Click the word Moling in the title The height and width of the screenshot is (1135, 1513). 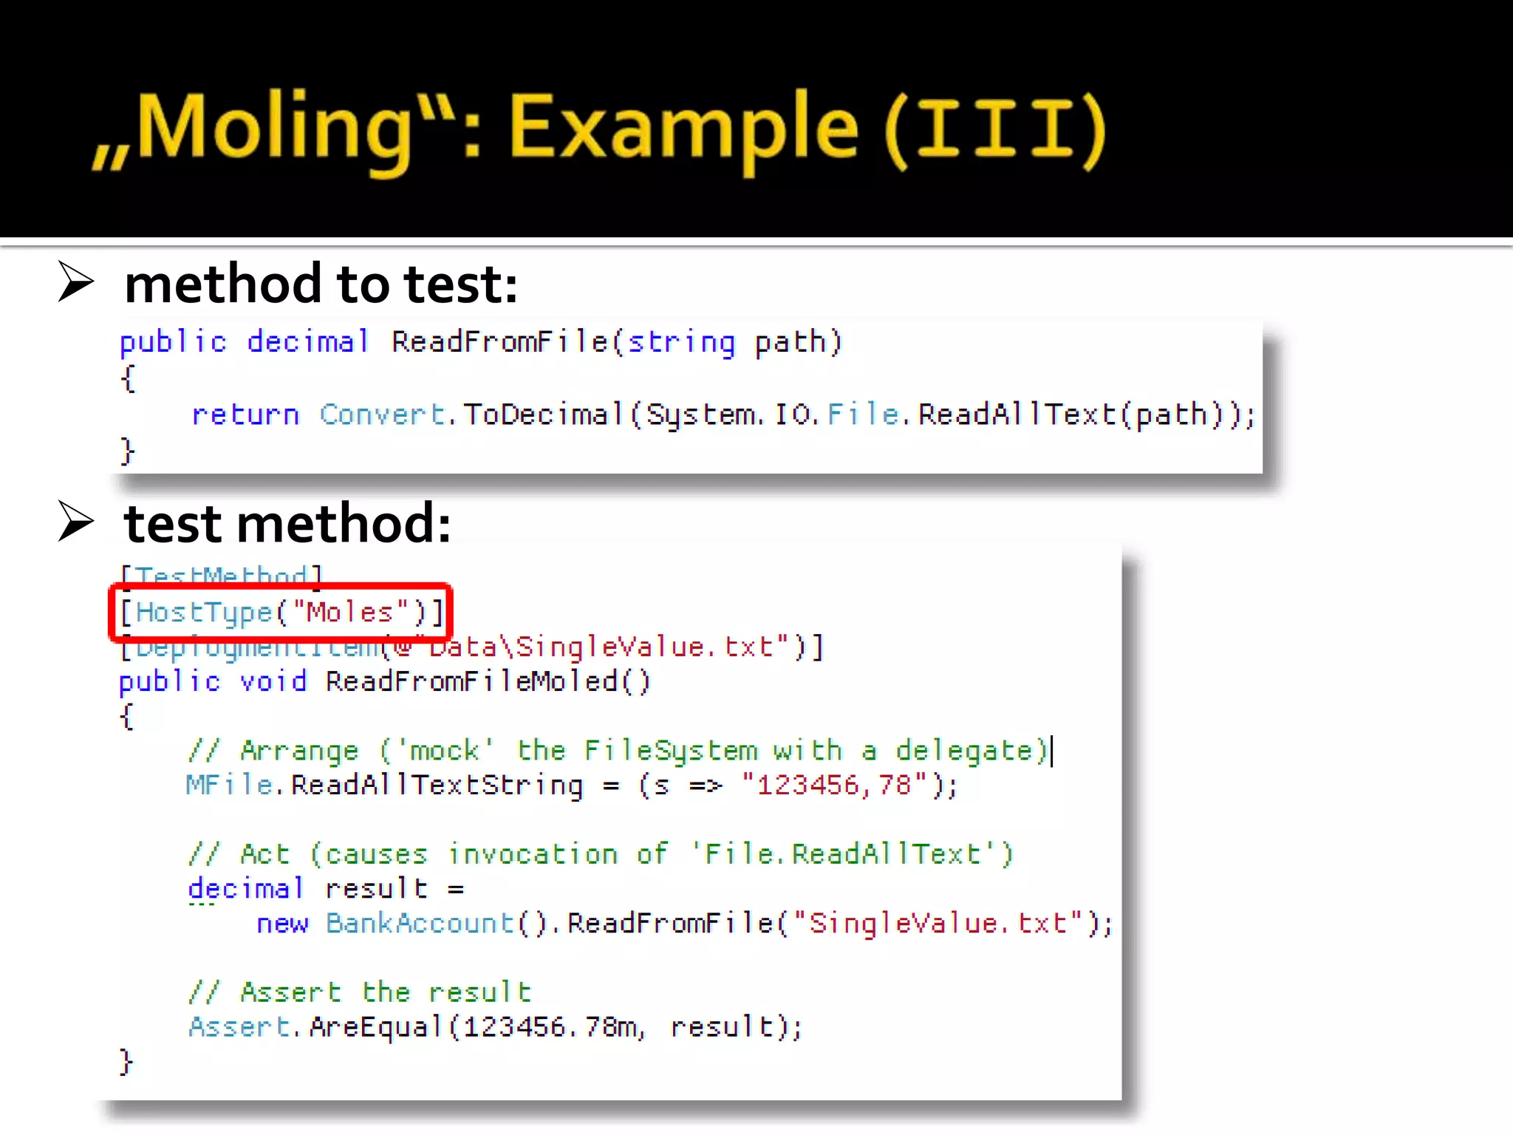[x=273, y=127]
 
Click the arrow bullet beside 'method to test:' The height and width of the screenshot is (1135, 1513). [x=76, y=282]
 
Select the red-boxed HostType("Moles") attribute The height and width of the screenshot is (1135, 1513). [x=281, y=612]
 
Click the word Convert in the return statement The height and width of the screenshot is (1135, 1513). [x=383, y=415]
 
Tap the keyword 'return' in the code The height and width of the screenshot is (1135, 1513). [x=245, y=415]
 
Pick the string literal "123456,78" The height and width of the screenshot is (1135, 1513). [x=834, y=785]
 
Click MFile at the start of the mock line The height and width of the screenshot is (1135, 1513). [x=230, y=785]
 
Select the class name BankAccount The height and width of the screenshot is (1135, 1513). [x=420, y=923]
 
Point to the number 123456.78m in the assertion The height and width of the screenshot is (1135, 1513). [x=550, y=1026]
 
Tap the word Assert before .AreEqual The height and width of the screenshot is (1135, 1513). [x=239, y=1026]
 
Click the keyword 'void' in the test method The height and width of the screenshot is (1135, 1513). [x=273, y=681]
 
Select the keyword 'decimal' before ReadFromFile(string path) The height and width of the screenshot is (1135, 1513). [x=307, y=342]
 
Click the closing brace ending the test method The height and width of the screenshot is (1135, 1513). [x=126, y=1061]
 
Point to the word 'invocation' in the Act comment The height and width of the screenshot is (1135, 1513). [x=533, y=854]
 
